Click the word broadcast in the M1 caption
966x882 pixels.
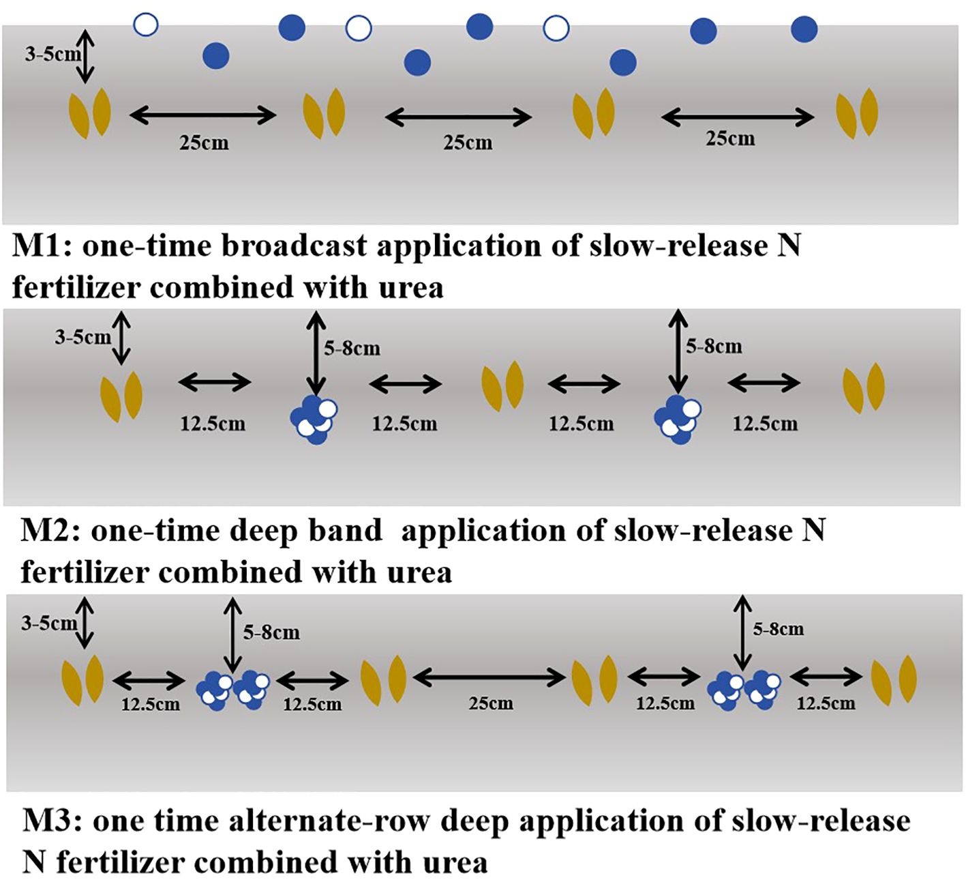[x=295, y=246]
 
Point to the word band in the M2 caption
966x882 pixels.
[x=344, y=531]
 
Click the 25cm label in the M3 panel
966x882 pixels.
[x=490, y=703]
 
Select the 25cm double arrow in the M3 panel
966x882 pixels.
[x=489, y=677]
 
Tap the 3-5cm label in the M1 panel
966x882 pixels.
[x=52, y=55]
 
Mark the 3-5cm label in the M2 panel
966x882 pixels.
[x=82, y=337]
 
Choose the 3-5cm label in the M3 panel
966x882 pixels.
[x=48, y=623]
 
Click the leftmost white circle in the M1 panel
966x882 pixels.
[x=146, y=25]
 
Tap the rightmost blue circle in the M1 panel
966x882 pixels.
[x=804, y=29]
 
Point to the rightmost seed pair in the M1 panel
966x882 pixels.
[x=857, y=113]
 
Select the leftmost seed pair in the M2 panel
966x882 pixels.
[x=121, y=396]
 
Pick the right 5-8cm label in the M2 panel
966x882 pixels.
[x=714, y=347]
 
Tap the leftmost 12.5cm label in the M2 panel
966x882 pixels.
[x=212, y=424]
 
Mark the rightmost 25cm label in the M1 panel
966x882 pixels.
[x=730, y=138]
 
